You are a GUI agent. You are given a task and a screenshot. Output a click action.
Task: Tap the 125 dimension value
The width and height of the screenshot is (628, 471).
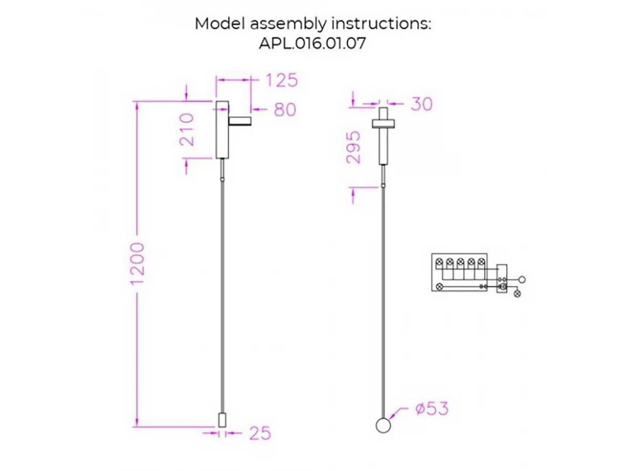282,81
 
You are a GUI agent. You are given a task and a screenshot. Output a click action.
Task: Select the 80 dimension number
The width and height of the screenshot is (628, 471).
285,110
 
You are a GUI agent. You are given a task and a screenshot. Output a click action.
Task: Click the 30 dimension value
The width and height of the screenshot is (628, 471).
422,104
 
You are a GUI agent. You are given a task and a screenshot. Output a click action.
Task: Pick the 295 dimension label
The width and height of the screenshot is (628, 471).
354,148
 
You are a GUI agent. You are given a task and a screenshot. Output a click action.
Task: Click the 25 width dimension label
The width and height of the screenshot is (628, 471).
260,433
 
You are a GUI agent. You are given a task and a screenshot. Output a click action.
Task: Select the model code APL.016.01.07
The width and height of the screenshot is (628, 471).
312,43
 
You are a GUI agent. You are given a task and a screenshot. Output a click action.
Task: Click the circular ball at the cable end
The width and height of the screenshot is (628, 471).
384,425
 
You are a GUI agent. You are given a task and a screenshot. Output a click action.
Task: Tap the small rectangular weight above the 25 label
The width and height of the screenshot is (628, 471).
221,420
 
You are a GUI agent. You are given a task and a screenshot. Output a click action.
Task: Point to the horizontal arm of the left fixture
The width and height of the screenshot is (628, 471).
240,122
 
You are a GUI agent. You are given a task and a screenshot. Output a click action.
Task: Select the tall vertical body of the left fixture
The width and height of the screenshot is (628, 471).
222,130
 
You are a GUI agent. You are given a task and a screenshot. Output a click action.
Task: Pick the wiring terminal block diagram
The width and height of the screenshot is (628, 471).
459,273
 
